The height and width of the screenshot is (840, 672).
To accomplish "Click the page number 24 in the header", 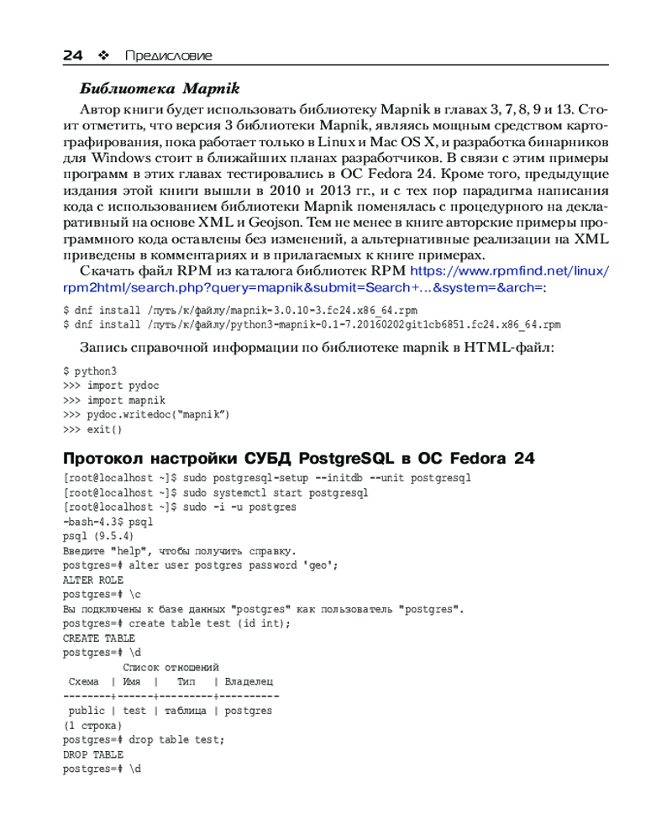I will pyautogui.click(x=73, y=55).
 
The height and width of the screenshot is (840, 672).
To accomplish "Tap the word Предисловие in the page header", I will pyautogui.click(x=168, y=56).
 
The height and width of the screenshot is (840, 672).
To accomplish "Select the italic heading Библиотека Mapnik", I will pyautogui.click(x=160, y=88).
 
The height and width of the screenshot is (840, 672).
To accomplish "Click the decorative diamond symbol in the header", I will pyautogui.click(x=104, y=56).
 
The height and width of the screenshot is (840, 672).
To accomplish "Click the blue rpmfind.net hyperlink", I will pyautogui.click(x=507, y=271).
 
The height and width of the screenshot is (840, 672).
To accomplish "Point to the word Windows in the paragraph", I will pyautogui.click(x=119, y=157).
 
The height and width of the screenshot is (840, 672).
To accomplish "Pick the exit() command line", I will pyautogui.click(x=104, y=429).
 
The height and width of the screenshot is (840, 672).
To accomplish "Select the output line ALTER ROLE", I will pyautogui.click(x=93, y=580).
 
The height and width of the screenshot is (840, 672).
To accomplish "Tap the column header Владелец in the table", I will pyautogui.click(x=249, y=681).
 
